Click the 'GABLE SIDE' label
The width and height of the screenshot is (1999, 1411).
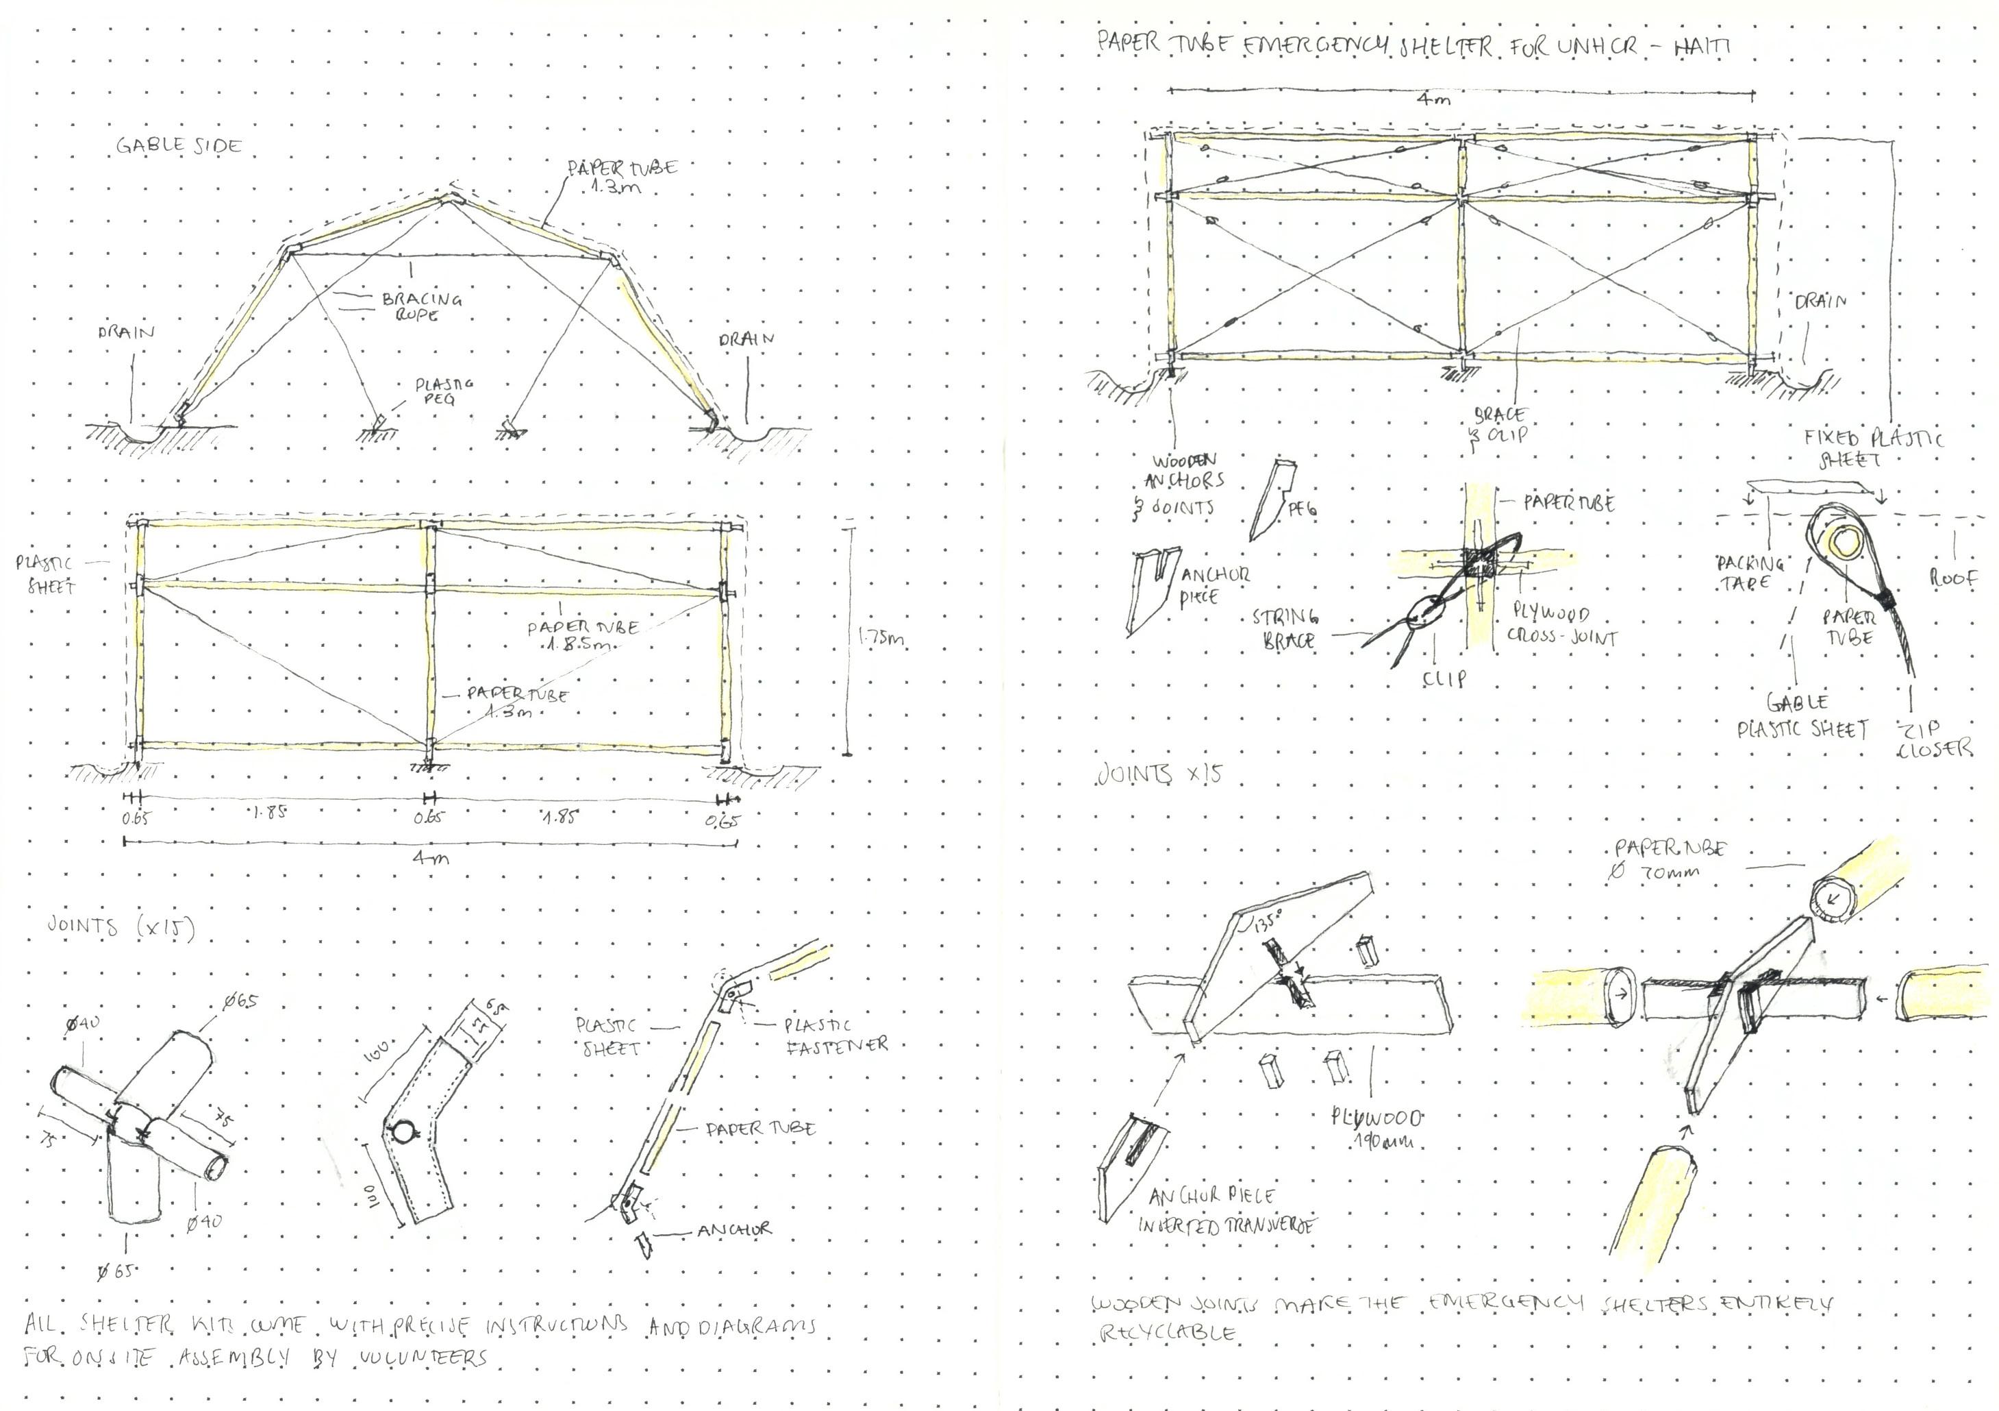coord(179,145)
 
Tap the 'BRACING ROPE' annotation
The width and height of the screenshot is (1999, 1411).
coord(421,306)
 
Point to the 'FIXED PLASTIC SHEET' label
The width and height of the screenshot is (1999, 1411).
coord(1872,447)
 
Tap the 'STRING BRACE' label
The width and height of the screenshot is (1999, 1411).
coord(1285,629)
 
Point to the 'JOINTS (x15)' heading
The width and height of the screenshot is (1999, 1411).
coord(121,927)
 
